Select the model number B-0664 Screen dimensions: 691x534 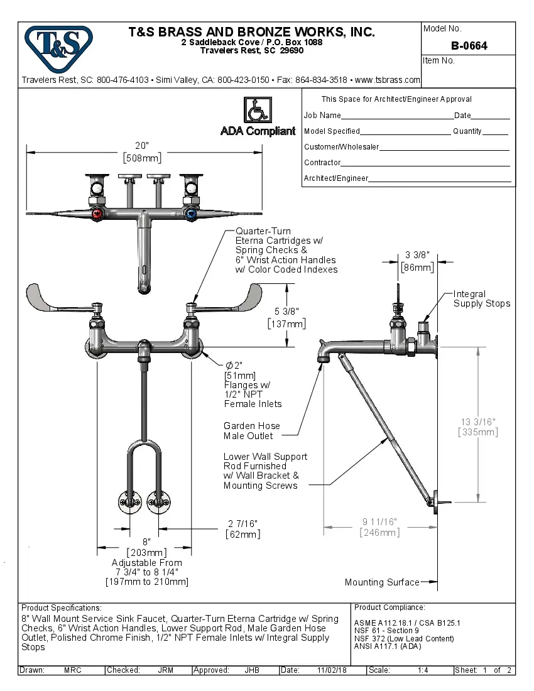point(469,46)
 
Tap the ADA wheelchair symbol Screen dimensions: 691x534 point(258,111)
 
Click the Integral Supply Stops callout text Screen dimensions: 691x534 point(482,299)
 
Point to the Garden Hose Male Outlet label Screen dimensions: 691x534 point(251,430)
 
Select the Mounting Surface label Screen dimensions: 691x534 point(381,582)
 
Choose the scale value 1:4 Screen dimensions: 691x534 point(423,670)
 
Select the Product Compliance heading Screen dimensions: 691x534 point(390,607)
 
